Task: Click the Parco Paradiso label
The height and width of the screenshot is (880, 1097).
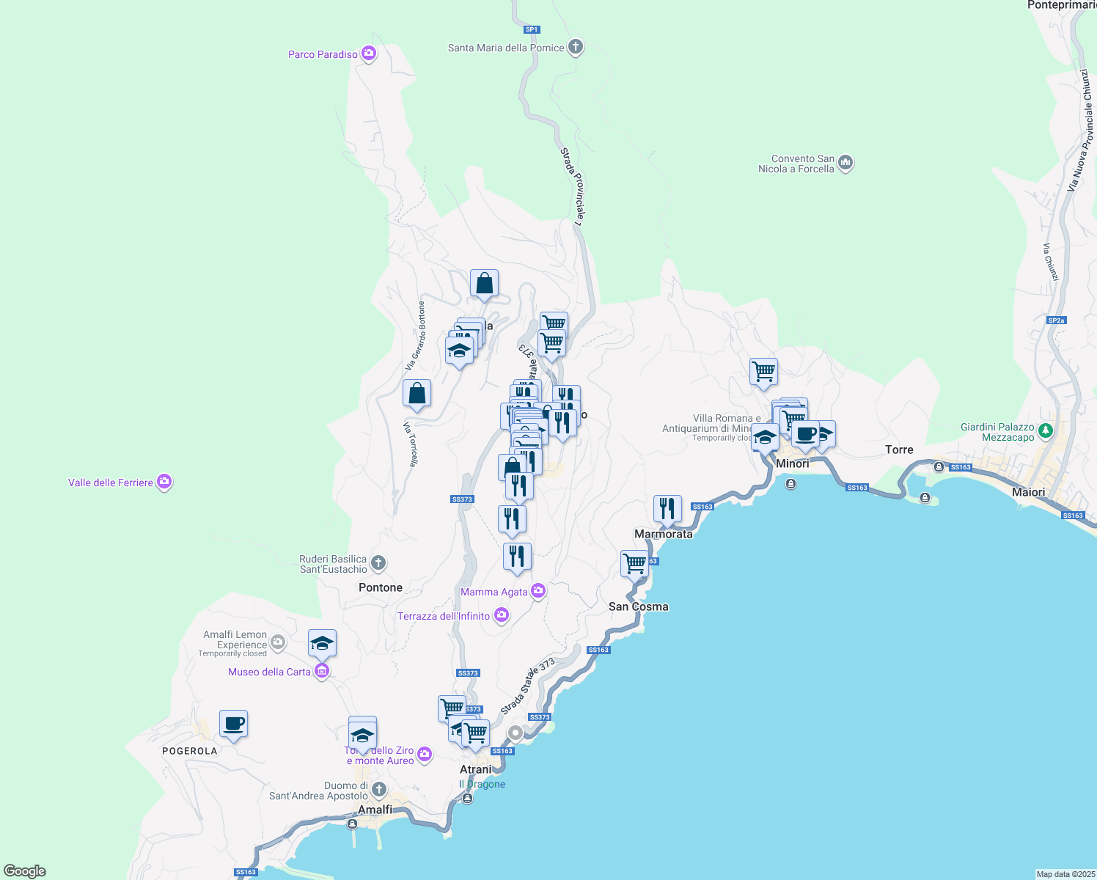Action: (323, 54)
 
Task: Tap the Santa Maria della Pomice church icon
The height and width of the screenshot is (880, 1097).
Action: (576, 48)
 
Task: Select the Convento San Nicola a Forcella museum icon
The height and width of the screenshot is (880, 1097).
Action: (845, 163)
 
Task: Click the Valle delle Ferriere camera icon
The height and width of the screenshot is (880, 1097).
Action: (164, 482)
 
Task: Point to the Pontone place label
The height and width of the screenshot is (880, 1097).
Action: (380, 587)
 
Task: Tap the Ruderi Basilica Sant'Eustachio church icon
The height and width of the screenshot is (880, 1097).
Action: (378, 563)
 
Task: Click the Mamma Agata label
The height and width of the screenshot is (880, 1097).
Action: (494, 592)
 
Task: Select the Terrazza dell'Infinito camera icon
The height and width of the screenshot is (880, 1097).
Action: (502, 615)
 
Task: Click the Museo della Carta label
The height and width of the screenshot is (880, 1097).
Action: (269, 672)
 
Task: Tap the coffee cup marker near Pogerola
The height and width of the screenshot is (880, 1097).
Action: (233, 725)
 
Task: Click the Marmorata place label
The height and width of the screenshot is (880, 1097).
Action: (663, 534)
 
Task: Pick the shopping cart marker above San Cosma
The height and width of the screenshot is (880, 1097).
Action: (634, 565)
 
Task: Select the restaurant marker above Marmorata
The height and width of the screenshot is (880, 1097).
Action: (667, 508)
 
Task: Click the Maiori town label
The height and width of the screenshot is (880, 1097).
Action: (1028, 492)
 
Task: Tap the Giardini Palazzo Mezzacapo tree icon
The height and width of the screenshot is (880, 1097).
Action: (1046, 431)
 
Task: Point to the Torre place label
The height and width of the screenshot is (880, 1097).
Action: (899, 450)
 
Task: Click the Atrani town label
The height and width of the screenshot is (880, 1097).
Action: (476, 769)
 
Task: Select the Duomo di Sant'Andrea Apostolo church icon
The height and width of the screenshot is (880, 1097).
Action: (378, 790)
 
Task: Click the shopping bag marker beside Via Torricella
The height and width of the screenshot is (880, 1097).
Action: (417, 394)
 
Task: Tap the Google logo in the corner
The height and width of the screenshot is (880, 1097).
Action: (25, 871)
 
